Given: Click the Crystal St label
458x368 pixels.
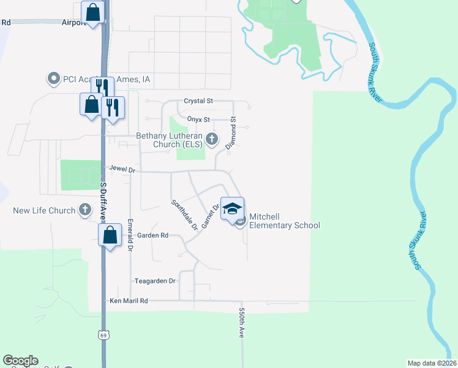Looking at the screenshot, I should (198, 101).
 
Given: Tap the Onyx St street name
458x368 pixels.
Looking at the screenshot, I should (198, 119).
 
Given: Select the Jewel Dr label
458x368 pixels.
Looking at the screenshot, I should (122, 167).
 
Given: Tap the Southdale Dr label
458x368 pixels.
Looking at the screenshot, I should (184, 215).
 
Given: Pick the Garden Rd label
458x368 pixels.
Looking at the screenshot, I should (152, 235).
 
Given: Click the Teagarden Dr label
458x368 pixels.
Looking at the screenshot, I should (155, 281).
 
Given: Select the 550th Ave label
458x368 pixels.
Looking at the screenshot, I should (242, 322).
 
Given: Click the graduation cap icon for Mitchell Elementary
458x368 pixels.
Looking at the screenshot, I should (232, 209).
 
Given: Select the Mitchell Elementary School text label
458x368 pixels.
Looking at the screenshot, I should (284, 225).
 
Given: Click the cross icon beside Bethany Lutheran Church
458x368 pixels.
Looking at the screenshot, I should (212, 139).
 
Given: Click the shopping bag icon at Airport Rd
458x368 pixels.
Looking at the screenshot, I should (92, 12).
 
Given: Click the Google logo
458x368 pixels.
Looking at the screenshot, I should (20, 361).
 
